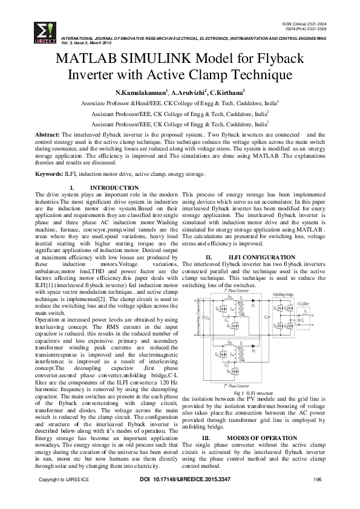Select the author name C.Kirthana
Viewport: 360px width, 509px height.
[x=226, y=94]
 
